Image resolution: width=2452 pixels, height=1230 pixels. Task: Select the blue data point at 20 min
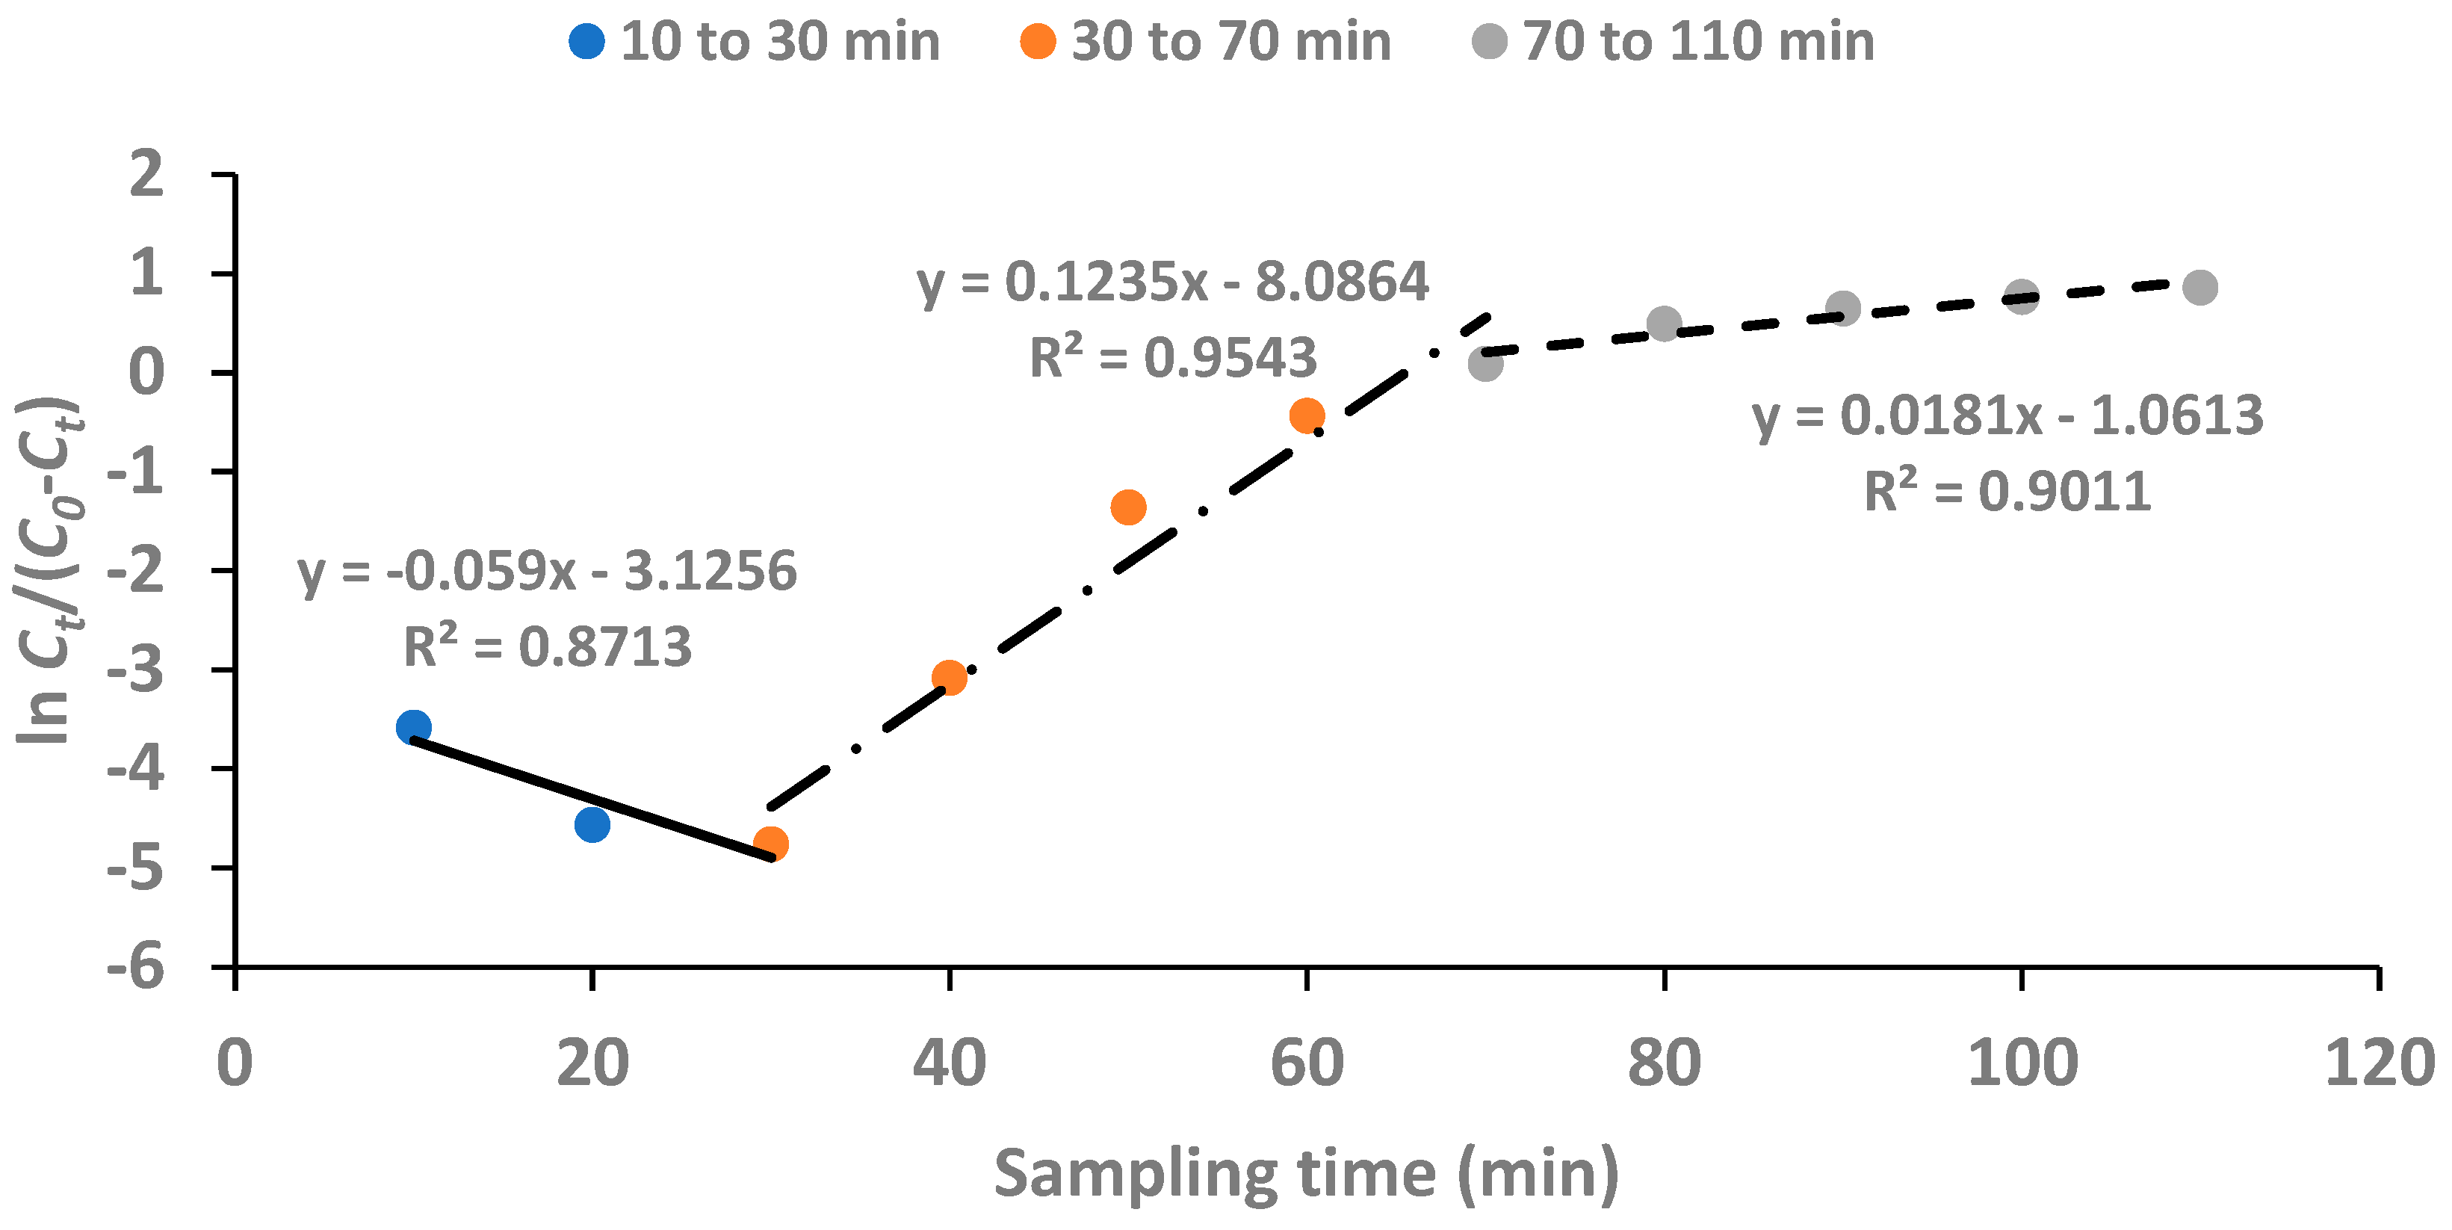[x=592, y=824]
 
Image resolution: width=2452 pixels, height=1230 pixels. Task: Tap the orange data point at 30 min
[x=771, y=844]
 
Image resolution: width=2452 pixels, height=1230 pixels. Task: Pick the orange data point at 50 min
[x=1128, y=507]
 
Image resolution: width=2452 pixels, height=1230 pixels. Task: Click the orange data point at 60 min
[x=1307, y=415]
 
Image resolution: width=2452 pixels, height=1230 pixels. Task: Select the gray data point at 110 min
[x=2199, y=286]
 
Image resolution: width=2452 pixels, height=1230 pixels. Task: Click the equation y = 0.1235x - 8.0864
[x=1173, y=282]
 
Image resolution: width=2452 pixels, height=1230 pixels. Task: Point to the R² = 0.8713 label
[x=548, y=647]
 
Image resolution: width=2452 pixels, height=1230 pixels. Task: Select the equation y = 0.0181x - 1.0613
[x=2007, y=417]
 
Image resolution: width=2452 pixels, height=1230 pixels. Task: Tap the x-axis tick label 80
[x=1664, y=1063]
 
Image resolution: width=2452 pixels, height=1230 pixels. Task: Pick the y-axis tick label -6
[x=136, y=970]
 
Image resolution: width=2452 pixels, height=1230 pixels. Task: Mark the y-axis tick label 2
[x=147, y=175]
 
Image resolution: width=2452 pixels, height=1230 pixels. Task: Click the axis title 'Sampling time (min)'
[x=1306, y=1174]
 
